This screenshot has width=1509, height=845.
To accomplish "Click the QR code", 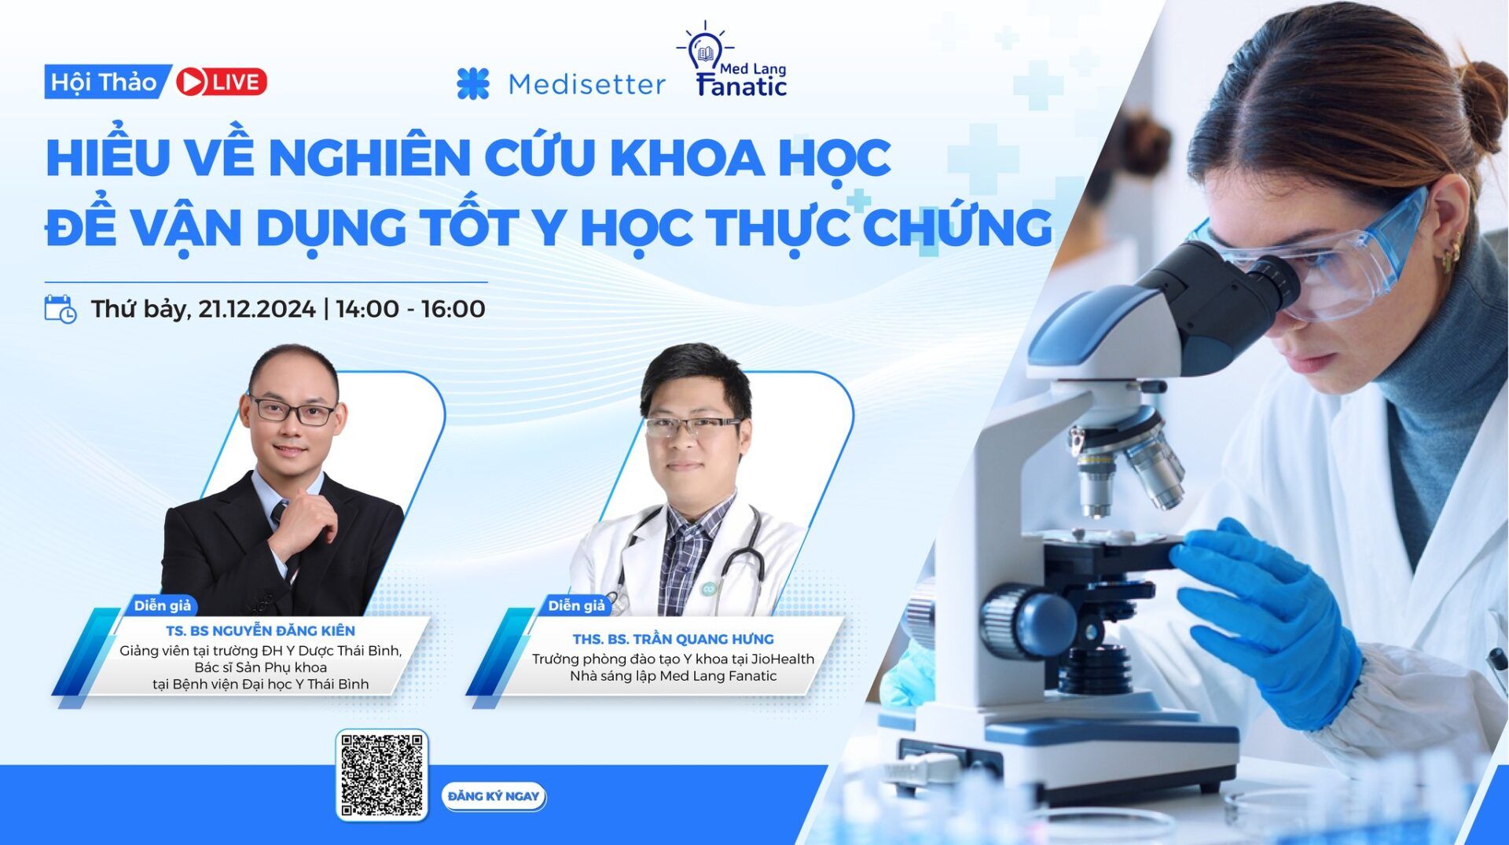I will point(382,775).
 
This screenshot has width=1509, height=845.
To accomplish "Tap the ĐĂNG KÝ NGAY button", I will point(494,796).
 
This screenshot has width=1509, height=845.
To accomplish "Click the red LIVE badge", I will point(222,82).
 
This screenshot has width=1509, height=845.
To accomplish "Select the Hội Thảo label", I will point(104,82).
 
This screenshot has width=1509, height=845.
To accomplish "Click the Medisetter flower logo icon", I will point(473,84).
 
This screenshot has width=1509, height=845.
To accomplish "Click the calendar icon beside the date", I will point(61,309).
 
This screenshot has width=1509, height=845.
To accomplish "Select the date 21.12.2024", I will point(256,309).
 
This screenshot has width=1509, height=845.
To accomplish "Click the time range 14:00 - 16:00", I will point(410,309).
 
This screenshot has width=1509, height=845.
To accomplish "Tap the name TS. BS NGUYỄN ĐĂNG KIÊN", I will point(260,630).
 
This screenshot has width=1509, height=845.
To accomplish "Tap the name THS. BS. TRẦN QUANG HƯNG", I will point(673,639).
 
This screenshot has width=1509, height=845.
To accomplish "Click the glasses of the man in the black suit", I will point(292,411).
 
